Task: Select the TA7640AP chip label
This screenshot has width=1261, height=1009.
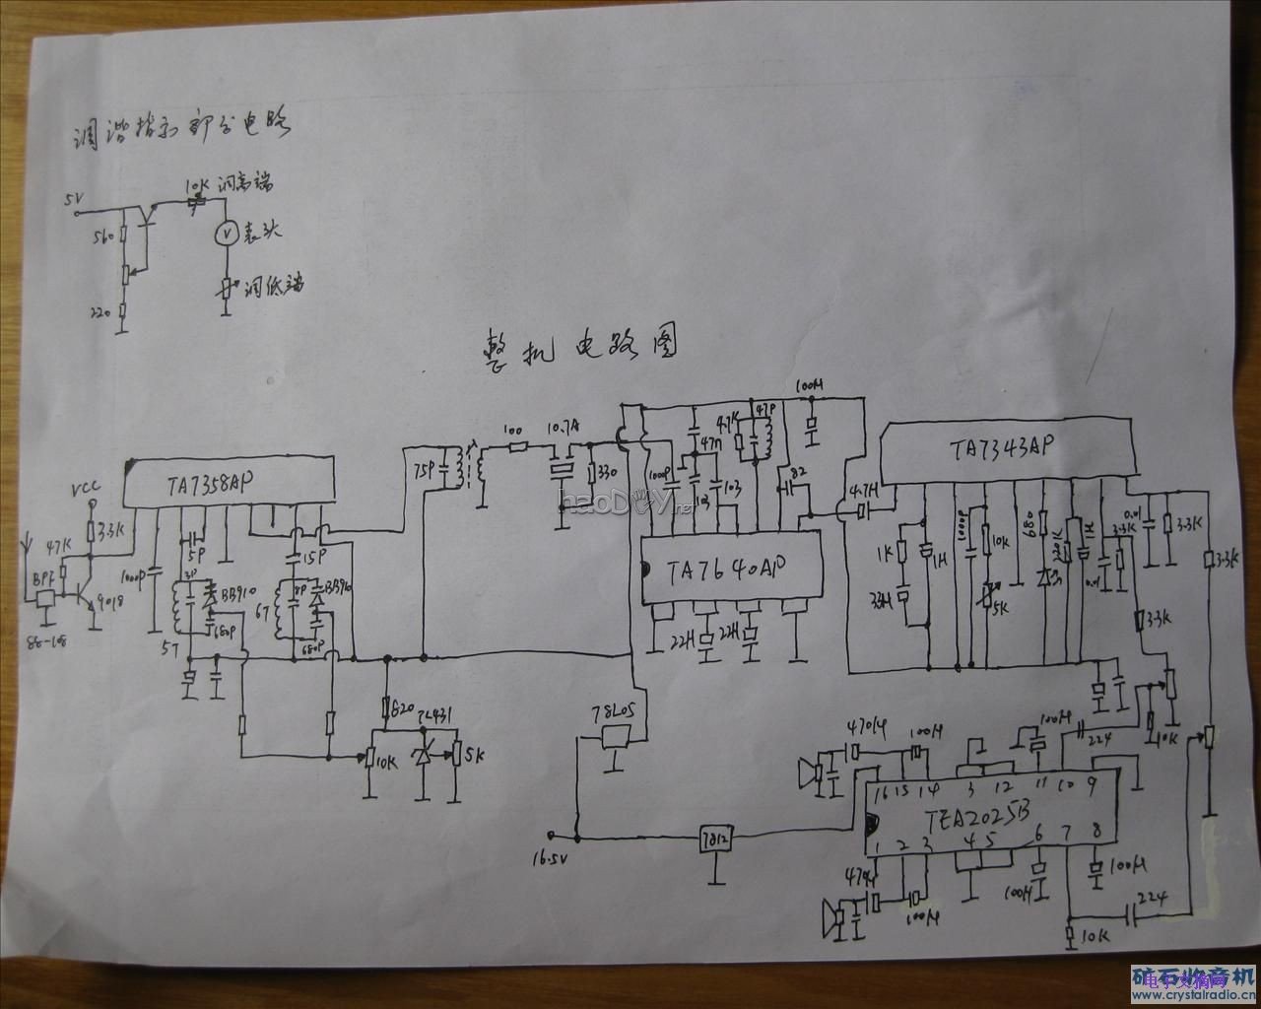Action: (x=724, y=571)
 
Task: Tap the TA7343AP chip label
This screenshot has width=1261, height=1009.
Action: (x=1005, y=448)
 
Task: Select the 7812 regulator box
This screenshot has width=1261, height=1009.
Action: (x=714, y=840)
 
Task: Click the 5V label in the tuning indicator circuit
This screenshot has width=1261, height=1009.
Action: (x=72, y=199)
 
